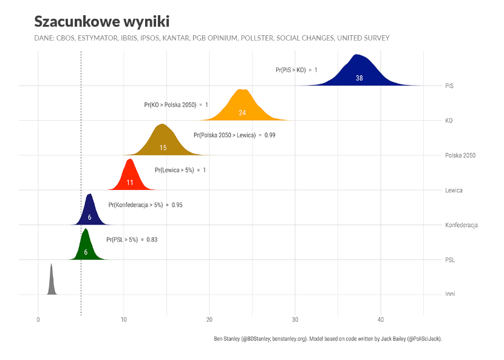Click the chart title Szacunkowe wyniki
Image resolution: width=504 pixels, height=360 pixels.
point(101,21)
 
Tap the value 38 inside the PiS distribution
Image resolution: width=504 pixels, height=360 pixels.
point(359,78)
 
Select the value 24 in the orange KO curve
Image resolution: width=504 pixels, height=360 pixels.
point(242,113)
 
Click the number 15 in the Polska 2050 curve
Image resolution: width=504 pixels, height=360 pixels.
point(163,148)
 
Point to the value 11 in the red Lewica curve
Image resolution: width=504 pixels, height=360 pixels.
point(129,182)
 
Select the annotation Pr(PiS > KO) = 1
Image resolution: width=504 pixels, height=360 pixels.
point(296,70)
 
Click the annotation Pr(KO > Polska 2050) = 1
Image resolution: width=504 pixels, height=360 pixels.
point(176,105)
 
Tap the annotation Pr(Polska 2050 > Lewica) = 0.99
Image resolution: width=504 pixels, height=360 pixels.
point(234,135)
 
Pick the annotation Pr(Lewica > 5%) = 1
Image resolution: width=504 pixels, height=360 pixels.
point(180,170)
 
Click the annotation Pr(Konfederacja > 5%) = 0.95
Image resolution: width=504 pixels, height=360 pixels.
point(145,205)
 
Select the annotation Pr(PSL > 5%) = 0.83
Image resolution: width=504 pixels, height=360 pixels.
point(132,240)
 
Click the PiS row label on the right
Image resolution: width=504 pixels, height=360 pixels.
point(449,86)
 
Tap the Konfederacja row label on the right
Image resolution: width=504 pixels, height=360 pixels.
point(461,225)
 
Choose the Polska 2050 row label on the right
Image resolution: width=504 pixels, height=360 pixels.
point(460,155)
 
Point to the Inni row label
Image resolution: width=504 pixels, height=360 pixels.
point(450,294)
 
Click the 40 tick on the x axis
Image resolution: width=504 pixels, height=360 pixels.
point(381,320)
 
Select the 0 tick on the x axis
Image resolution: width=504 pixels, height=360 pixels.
point(38,320)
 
